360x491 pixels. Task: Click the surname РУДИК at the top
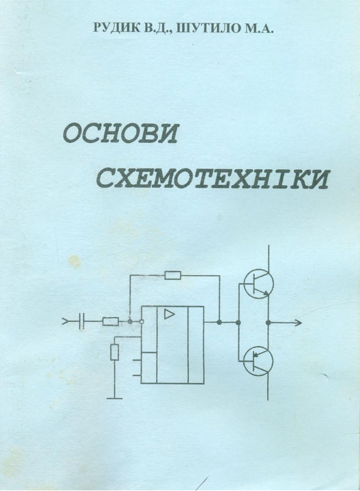[114, 28]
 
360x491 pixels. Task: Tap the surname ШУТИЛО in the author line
[205, 28]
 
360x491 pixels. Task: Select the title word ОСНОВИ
[120, 135]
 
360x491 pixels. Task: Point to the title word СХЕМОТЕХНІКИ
[212, 179]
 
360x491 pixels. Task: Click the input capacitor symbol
[82, 321]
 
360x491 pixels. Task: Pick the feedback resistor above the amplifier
[172, 276]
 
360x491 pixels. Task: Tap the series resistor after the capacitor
[111, 322]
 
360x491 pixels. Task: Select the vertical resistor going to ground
[115, 352]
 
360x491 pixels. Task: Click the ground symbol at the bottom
[115, 398]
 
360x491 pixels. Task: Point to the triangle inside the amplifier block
[169, 314]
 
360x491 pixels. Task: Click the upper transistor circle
[258, 284]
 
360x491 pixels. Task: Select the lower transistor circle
[258, 360]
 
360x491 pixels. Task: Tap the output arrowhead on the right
[298, 322]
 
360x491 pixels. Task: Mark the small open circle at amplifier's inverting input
[142, 322]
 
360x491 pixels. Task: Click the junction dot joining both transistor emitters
[268, 322]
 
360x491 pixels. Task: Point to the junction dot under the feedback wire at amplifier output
[220, 322]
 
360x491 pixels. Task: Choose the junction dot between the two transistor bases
[238, 322]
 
